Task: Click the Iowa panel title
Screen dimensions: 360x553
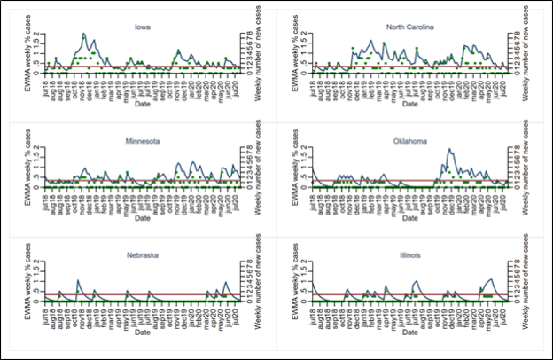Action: click(142, 27)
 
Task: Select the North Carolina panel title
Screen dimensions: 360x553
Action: click(409, 27)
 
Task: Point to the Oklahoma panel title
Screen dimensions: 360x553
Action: click(409, 140)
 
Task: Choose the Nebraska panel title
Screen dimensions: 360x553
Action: click(142, 254)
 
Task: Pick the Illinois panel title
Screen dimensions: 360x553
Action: click(409, 254)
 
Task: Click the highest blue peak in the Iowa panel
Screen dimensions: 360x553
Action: click(83, 35)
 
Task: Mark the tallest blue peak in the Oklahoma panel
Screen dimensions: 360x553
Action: click(449, 149)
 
